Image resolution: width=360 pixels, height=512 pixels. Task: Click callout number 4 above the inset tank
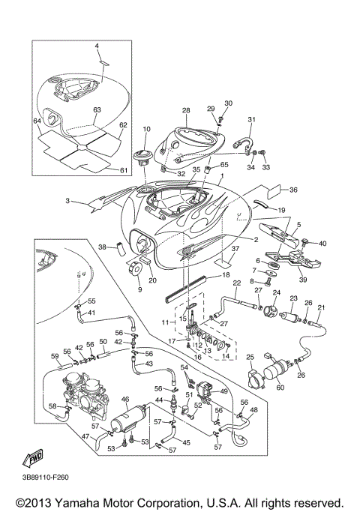point(97,46)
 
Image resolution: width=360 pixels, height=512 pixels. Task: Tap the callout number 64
point(36,120)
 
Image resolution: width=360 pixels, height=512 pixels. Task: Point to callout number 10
point(146,130)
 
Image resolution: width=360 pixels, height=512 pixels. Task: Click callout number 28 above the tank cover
point(186,111)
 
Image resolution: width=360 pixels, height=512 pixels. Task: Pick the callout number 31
point(252,120)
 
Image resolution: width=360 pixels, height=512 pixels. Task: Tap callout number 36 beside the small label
point(293,190)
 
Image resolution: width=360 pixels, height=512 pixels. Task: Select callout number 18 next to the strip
point(225,276)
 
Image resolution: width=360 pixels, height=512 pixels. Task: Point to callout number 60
point(281,388)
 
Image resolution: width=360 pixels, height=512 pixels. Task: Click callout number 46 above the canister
point(126,400)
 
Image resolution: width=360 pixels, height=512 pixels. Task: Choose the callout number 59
point(55,356)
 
